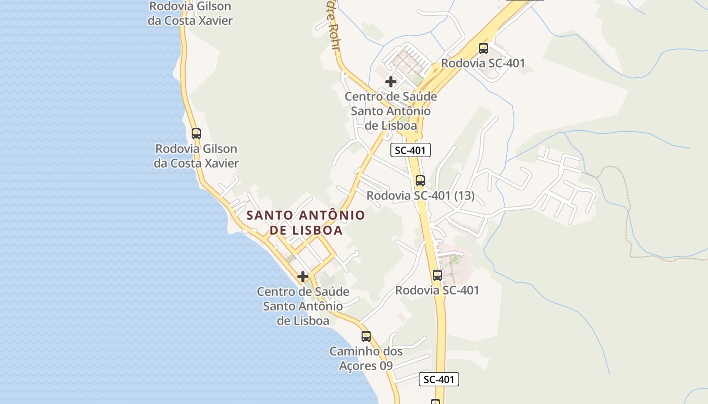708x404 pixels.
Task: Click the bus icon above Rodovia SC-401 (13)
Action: [x=420, y=180]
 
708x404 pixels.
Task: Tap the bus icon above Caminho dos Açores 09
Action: [x=366, y=336]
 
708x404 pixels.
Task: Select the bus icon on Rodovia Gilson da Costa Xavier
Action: [x=196, y=134]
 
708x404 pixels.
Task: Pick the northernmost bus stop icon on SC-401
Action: [x=483, y=48]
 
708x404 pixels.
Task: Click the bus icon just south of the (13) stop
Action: [x=437, y=275]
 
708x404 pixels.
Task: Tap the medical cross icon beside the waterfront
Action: [x=303, y=277]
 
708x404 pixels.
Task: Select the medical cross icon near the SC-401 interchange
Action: [x=391, y=81]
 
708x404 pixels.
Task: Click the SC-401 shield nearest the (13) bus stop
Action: [x=411, y=150]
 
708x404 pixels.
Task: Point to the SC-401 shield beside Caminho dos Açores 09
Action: [x=438, y=379]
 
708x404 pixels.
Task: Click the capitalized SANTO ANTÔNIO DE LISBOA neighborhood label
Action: [x=305, y=223]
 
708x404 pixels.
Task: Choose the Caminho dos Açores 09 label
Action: [x=366, y=358]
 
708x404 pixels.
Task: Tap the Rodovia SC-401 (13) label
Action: [x=420, y=195]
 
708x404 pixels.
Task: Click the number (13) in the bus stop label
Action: [x=464, y=195]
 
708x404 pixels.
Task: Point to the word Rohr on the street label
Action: [x=334, y=38]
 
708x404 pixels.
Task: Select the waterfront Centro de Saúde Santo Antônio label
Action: [x=303, y=306]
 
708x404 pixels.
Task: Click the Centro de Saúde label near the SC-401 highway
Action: [x=391, y=111]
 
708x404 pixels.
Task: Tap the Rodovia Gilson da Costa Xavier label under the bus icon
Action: [x=196, y=156]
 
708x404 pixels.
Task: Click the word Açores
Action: [x=358, y=365]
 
